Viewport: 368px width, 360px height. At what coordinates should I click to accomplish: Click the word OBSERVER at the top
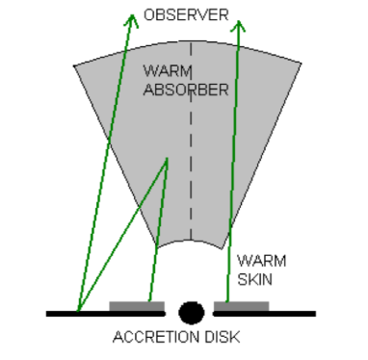186,15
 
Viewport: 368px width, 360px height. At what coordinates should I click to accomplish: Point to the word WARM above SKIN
260,260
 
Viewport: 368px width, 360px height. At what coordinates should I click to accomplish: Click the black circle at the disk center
191,312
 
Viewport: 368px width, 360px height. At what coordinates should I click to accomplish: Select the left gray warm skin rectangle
137,307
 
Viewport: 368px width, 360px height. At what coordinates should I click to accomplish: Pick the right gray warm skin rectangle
241,307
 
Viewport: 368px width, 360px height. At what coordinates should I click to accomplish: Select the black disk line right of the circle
294,313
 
